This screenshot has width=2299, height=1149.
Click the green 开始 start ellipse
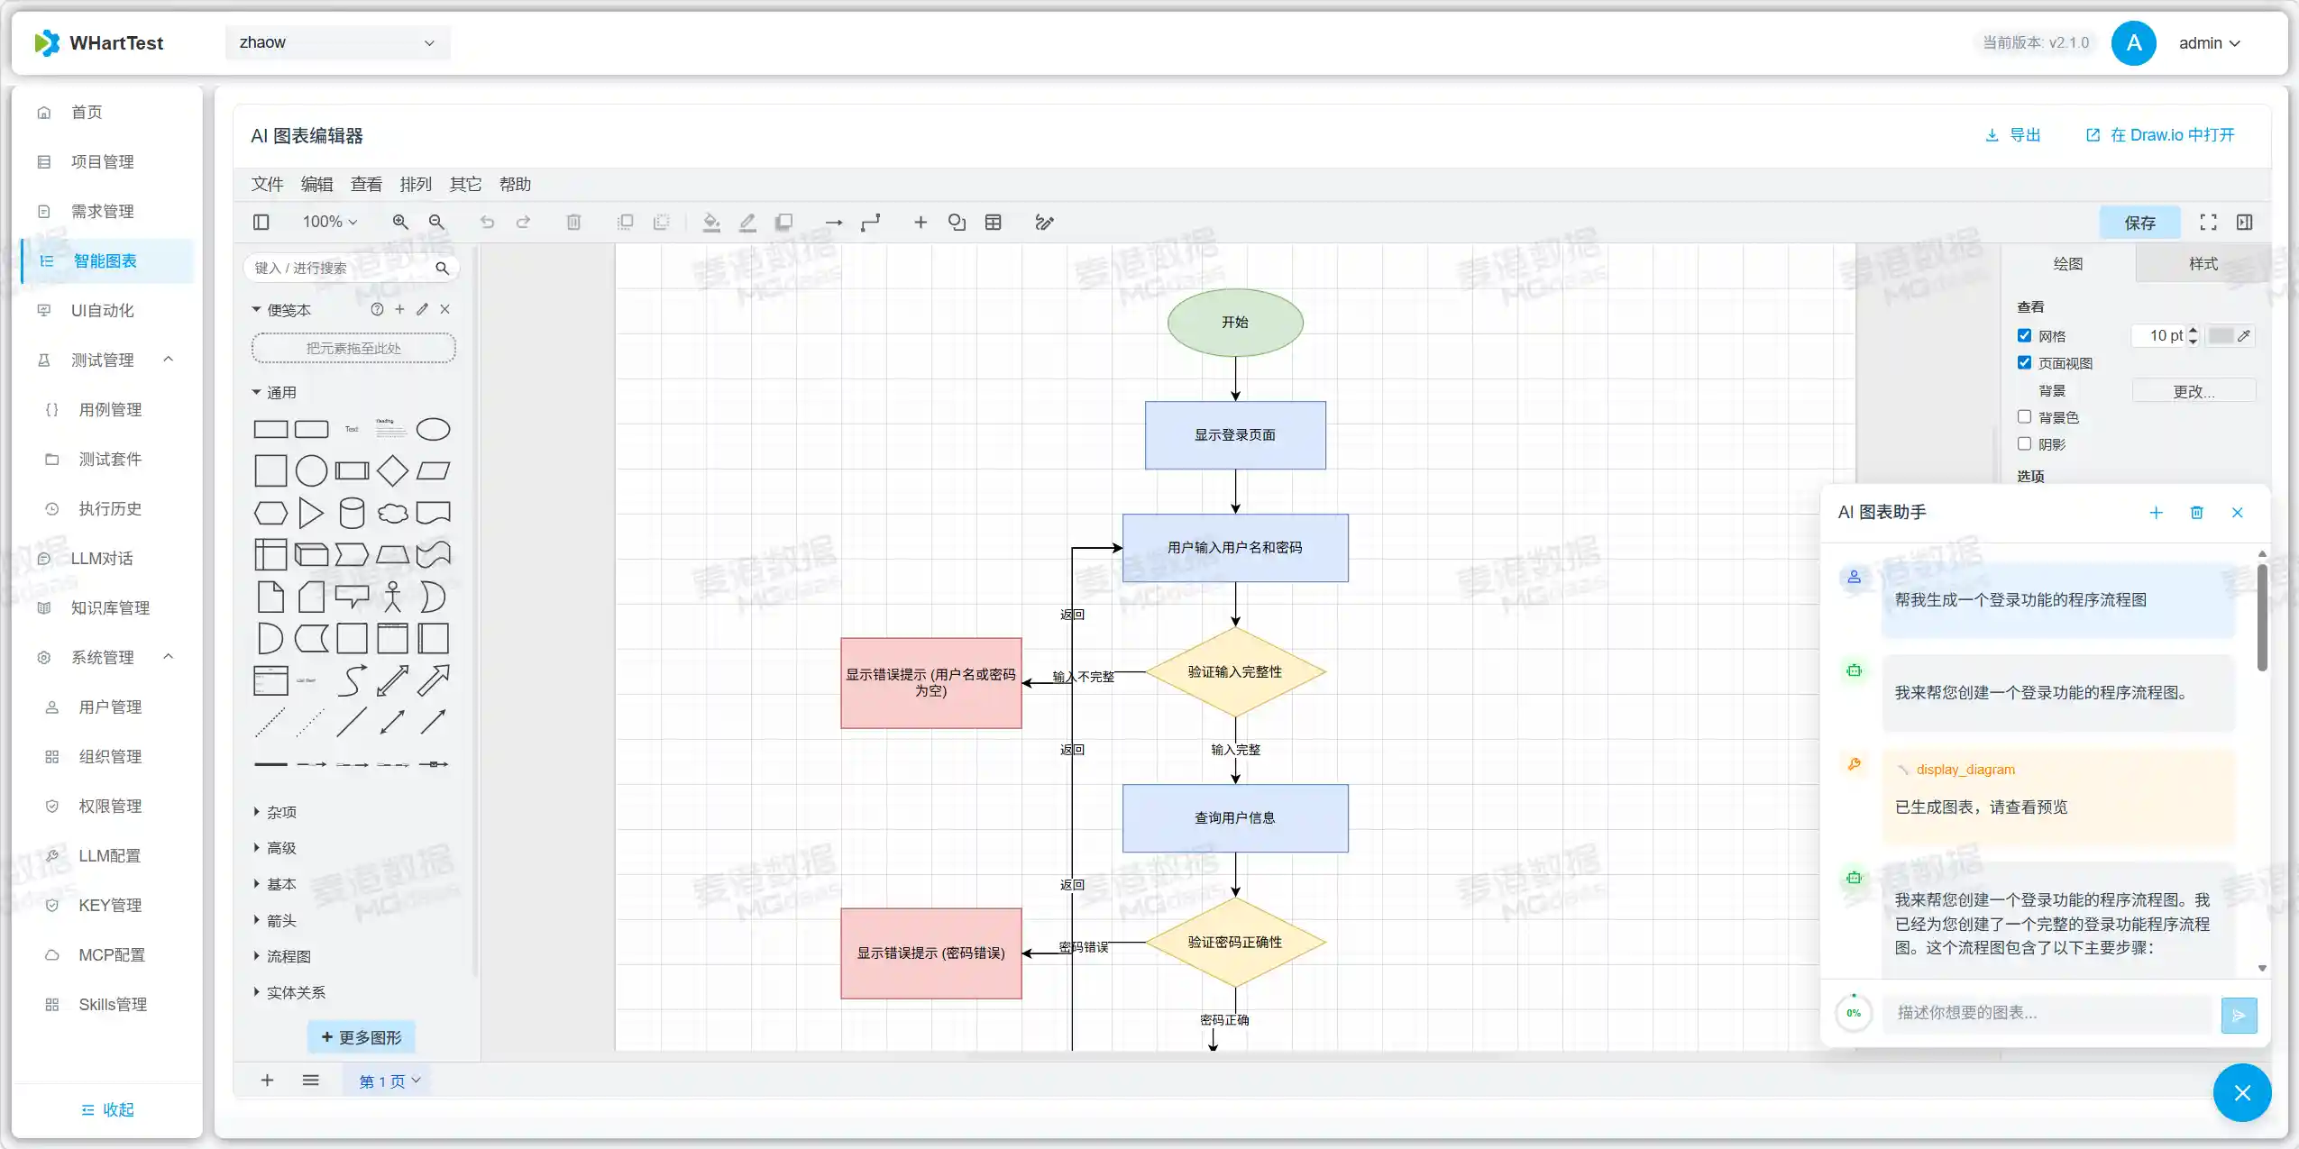tap(1234, 322)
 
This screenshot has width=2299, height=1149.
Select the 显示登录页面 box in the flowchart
tap(1234, 434)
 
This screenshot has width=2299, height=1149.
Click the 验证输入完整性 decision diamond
tap(1234, 671)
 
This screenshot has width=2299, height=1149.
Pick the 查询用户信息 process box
tap(1234, 817)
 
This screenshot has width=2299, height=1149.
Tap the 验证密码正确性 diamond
tap(1234, 942)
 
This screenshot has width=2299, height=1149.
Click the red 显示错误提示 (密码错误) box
tap(930, 953)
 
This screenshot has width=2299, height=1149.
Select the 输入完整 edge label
tap(1235, 749)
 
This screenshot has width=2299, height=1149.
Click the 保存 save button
tap(2139, 223)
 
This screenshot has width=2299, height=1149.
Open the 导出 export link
tap(2013, 135)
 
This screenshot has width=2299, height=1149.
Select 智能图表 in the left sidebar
tap(105, 260)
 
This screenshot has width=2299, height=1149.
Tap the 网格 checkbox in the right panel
tap(2024, 335)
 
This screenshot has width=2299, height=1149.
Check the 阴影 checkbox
tap(2024, 443)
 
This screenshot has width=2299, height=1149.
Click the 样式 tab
tap(2203, 263)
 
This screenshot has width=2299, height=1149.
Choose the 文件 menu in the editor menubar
tap(267, 184)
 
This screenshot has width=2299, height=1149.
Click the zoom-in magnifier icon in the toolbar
tap(400, 222)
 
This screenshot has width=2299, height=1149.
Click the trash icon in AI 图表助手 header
tap(2196, 512)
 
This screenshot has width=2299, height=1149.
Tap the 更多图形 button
tap(362, 1037)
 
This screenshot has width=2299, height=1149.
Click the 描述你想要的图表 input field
tap(2047, 1013)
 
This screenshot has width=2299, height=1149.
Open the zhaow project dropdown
tap(337, 42)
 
